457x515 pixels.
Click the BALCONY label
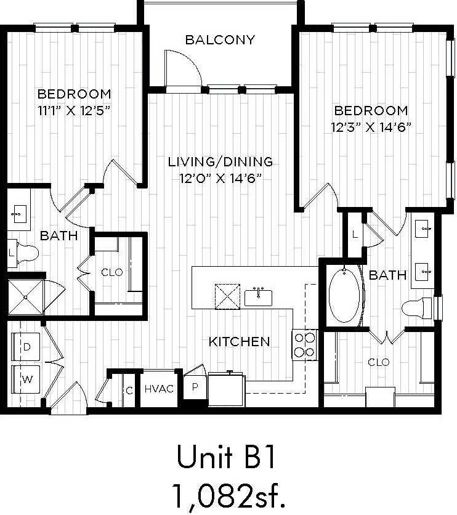(220, 41)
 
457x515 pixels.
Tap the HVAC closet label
(159, 389)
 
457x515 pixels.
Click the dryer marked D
(27, 347)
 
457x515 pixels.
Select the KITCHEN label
(239, 341)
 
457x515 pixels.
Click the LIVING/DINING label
(220, 162)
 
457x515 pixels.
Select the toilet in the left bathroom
(25, 252)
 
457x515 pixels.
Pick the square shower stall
(26, 298)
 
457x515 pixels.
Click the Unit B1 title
(224, 458)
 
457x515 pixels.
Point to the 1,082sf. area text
(224, 494)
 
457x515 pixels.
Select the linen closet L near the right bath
(355, 234)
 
